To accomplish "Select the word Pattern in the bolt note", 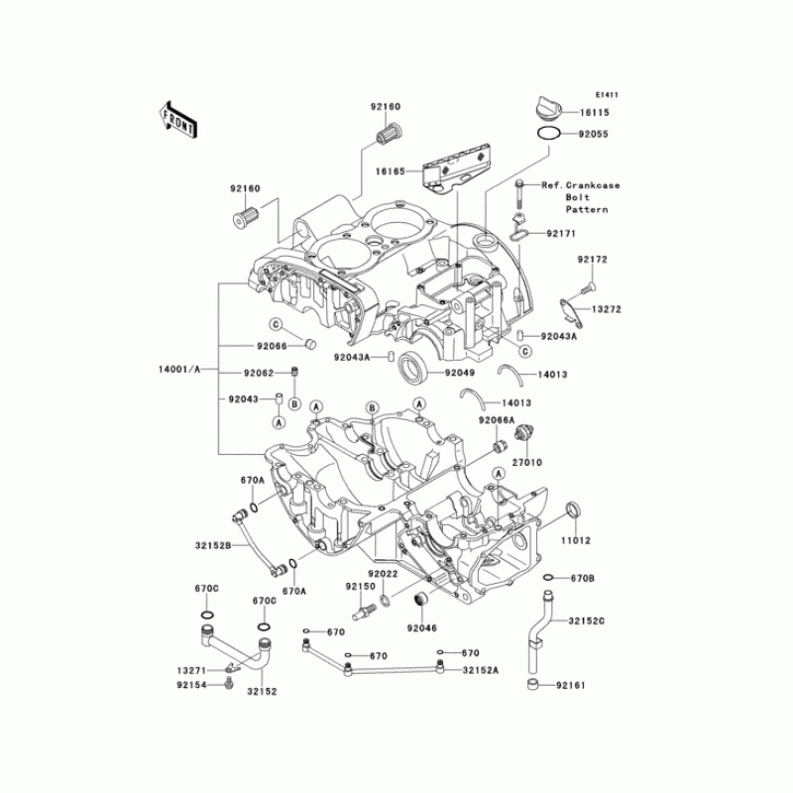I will coord(590,210).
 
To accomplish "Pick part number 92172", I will coord(593,260).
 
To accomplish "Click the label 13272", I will coord(607,309).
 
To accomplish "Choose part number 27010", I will coord(529,461).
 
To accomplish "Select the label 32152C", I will coord(588,621).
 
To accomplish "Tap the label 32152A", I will coord(481,670).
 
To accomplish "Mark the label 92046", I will coord(420,627).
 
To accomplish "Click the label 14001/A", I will coord(179,368).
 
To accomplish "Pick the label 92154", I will coord(191,683).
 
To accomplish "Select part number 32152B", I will coord(213,544).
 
